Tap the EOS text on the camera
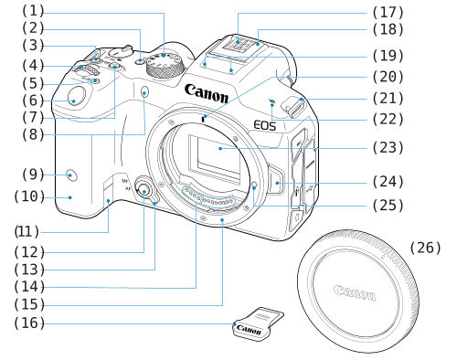tap(264, 124)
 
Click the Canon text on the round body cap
tap(354, 293)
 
